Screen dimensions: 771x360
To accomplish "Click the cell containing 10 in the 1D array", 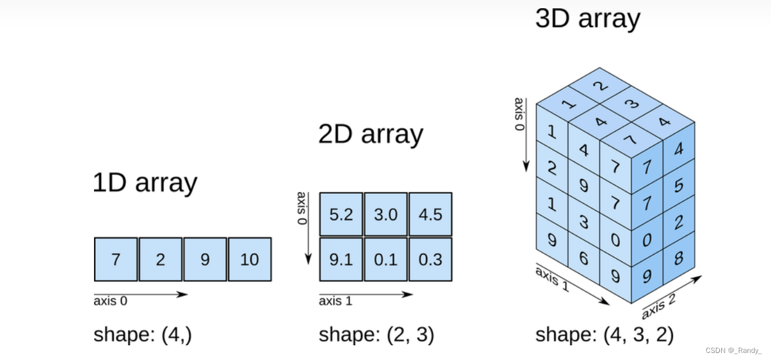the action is pyautogui.click(x=250, y=259).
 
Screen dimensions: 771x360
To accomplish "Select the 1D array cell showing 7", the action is pyautogui.click(x=116, y=259).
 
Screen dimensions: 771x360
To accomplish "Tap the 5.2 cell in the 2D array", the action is pyautogui.click(x=341, y=214).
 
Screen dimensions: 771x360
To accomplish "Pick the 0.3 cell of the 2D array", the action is pyautogui.click(x=430, y=259).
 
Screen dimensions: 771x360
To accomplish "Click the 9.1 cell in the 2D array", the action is pyautogui.click(x=341, y=259).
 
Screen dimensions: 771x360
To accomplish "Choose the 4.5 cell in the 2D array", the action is pyautogui.click(x=430, y=214).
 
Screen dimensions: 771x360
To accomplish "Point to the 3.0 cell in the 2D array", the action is pyautogui.click(x=385, y=214).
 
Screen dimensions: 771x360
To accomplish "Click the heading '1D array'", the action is pyautogui.click(x=145, y=183).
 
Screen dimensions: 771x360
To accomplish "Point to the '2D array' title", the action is pyautogui.click(x=370, y=134).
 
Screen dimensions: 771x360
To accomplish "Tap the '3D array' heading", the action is pyautogui.click(x=587, y=19).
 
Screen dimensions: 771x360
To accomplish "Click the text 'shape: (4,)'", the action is pyautogui.click(x=143, y=335).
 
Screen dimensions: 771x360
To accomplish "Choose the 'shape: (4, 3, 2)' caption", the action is pyautogui.click(x=604, y=335).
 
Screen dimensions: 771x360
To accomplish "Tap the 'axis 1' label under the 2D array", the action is pyautogui.click(x=336, y=301).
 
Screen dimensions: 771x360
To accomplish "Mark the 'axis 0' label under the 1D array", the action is pyautogui.click(x=110, y=301).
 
